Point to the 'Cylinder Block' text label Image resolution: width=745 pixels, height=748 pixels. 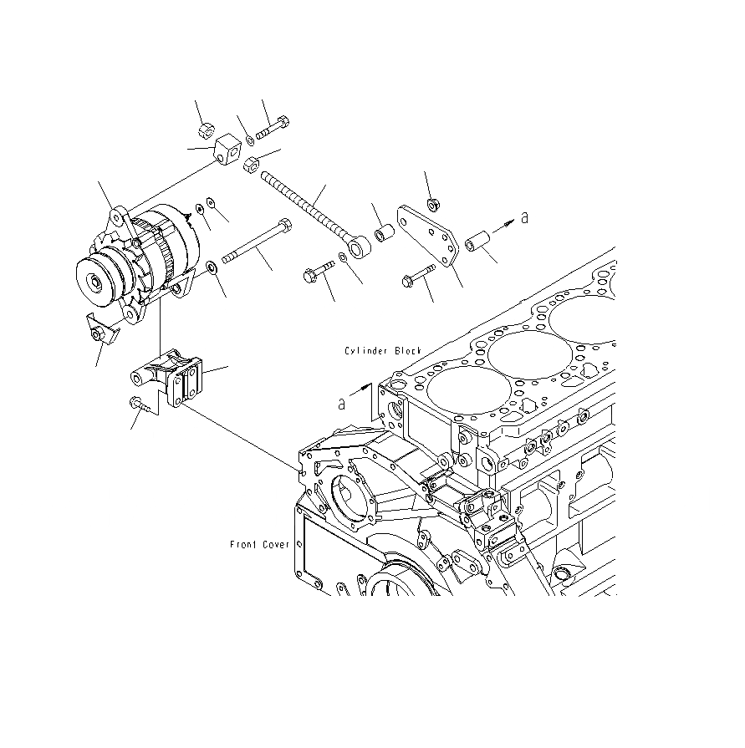pos(383,351)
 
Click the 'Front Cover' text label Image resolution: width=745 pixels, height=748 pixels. pos(259,545)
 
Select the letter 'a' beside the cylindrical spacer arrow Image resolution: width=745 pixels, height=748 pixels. pos(524,217)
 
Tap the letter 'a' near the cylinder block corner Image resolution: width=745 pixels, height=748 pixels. pos(342,403)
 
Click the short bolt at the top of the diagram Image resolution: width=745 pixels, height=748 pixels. pos(274,129)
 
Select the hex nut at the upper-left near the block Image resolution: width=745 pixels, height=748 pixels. pos(206,130)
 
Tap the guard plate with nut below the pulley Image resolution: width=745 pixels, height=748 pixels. pos(101,332)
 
